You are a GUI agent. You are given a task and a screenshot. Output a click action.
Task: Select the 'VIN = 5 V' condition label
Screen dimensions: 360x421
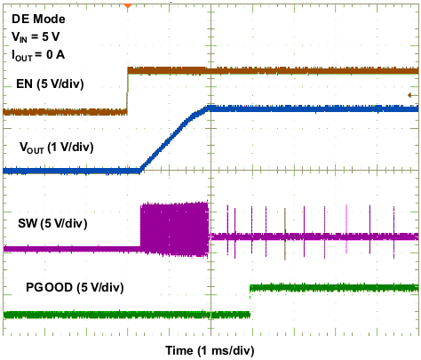36,36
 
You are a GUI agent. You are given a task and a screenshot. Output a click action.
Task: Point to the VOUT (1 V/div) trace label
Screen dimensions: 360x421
56,146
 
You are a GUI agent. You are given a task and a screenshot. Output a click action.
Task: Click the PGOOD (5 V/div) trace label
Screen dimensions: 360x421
75,286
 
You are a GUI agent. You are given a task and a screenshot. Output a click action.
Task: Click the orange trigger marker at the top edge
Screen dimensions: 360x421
128,5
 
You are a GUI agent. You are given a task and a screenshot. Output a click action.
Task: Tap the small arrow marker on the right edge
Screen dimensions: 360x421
410,95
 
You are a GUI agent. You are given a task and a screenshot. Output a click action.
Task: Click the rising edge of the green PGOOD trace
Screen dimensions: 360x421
250,300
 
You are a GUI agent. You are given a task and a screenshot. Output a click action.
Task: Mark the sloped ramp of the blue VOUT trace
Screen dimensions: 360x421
173,139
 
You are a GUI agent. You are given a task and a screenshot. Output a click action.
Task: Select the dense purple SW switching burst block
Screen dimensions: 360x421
174,229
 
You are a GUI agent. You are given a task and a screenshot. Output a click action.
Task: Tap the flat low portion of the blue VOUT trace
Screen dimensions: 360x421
71,170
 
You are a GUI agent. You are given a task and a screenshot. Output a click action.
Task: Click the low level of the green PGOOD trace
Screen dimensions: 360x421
124,314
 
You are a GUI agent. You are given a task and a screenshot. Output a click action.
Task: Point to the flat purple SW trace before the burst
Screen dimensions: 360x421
71,249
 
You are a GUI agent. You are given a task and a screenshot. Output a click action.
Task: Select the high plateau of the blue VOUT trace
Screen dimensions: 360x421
311,108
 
